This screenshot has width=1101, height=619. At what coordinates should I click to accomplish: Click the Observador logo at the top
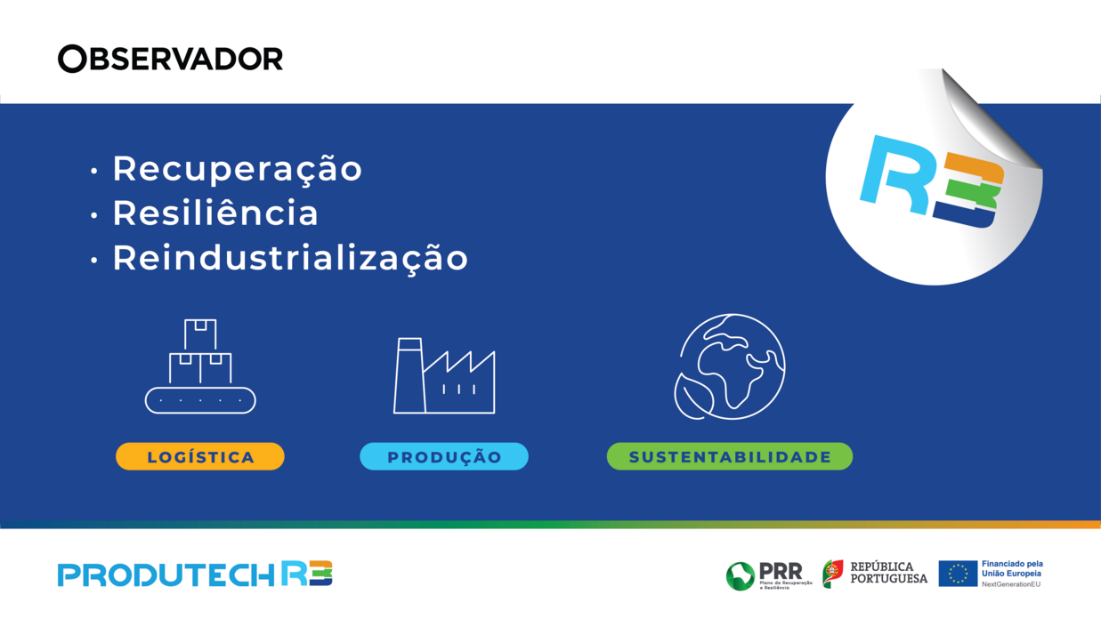[x=170, y=59]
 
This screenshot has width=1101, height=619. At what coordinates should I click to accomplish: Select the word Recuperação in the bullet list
[x=237, y=169]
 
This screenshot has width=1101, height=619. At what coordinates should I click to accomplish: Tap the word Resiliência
[x=215, y=213]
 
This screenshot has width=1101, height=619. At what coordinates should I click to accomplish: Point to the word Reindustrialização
[x=290, y=258]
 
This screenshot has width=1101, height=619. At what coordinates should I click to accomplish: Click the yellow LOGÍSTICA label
[x=200, y=457]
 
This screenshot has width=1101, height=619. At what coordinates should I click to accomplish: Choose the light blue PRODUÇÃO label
[x=444, y=457]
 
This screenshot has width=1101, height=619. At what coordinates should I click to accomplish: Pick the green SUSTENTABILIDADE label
[x=730, y=457]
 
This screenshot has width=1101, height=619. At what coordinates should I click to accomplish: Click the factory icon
[x=444, y=376]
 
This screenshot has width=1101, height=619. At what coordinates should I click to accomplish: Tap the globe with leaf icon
[x=731, y=366]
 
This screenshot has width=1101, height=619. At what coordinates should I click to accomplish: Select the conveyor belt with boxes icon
[x=200, y=366]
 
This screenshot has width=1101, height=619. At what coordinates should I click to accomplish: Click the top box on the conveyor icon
[x=200, y=334]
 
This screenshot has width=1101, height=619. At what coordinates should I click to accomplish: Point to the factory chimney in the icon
[x=409, y=375]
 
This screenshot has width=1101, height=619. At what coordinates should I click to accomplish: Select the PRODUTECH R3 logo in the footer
[x=195, y=575]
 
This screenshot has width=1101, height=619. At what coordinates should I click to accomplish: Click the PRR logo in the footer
[x=764, y=575]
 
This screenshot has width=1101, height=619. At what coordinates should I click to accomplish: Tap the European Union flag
[x=958, y=574]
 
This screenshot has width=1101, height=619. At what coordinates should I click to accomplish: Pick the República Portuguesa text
[x=887, y=573]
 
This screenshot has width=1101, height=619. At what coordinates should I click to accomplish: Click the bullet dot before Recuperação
[x=94, y=171]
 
